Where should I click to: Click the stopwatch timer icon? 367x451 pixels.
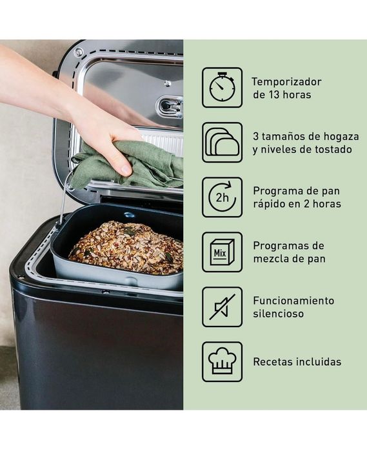coord(222,87)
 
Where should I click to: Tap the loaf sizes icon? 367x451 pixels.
coord(222,142)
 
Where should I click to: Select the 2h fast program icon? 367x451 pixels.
coord(222,197)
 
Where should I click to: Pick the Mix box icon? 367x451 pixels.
coord(222,252)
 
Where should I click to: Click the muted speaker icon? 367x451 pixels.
coord(222,306)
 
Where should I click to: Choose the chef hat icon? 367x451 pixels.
coord(222,361)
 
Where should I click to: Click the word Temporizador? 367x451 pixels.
coord(286,82)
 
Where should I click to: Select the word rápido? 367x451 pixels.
coord(272,205)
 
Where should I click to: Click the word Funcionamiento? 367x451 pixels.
coord(293,301)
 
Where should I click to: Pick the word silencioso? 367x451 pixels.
coord(278,314)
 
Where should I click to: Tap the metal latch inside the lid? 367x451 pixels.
coord(169,106)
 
